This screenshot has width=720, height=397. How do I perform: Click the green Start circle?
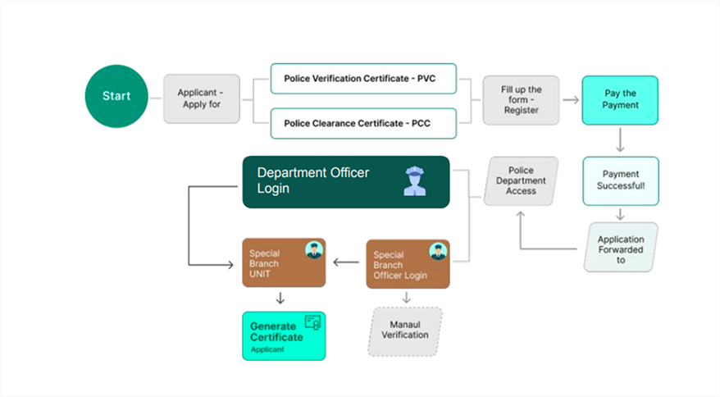tap(116, 96)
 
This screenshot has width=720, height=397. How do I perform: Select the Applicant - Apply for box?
tap(202, 98)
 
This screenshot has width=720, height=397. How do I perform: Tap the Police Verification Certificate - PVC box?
tap(363, 79)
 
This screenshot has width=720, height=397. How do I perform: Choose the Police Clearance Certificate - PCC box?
tap(363, 123)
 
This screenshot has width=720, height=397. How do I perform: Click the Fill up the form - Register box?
tap(522, 100)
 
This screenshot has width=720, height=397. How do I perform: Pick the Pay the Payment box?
tap(620, 100)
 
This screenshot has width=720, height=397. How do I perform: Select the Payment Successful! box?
tap(621, 180)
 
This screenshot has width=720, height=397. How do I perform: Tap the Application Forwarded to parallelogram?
tap(621, 247)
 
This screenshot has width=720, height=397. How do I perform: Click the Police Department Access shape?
tap(522, 180)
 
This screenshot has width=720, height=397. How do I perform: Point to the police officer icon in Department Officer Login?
tap(415, 181)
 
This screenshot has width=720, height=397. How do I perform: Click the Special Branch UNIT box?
tap(284, 262)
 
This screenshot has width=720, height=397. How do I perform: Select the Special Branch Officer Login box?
tap(408, 264)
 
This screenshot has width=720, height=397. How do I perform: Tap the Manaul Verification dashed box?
tap(405, 331)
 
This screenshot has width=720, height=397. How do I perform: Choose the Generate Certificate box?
tap(284, 335)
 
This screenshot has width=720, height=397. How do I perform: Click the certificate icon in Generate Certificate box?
tap(312, 322)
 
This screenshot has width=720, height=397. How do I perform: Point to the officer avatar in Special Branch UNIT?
tap(314, 249)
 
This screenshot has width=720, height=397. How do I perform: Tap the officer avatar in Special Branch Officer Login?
tap(438, 251)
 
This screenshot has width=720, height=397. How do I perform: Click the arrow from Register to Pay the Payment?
tap(571, 100)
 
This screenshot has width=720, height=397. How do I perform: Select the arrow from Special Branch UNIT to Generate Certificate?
tap(280, 299)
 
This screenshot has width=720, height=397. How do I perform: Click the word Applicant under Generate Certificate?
tap(267, 349)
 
